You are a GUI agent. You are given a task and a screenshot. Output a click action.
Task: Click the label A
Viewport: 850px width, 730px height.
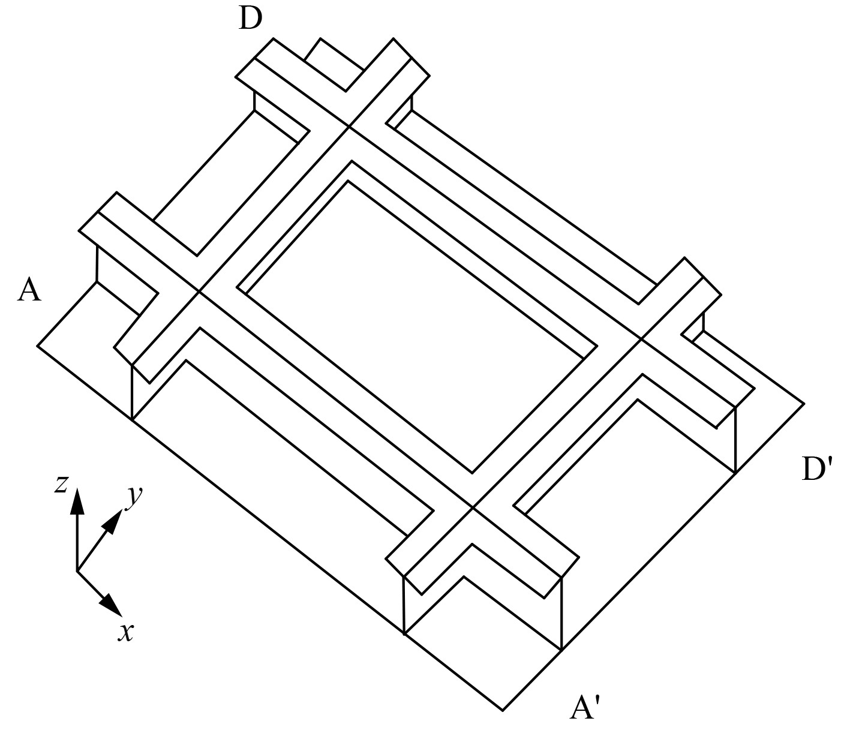coord(29,290)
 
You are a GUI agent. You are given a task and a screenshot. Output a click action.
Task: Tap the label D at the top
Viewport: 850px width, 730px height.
coord(250,19)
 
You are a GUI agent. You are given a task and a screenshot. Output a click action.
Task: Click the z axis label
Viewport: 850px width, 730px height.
coord(60,483)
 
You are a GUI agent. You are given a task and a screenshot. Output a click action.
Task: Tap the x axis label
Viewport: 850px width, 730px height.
coord(125,632)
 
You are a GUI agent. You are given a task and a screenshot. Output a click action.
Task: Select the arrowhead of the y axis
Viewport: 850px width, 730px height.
coord(115,519)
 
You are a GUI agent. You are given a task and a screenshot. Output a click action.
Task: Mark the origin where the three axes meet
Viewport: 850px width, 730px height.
coord(77,570)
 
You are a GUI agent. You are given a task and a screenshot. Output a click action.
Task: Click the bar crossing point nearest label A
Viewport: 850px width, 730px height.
coord(199,292)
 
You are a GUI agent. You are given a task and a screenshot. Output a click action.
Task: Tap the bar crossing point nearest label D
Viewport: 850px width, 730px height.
coord(349,127)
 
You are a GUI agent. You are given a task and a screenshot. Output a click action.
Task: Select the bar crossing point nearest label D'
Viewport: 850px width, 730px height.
coord(641,339)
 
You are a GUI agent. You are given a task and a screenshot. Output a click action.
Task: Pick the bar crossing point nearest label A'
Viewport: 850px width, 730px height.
coord(473,507)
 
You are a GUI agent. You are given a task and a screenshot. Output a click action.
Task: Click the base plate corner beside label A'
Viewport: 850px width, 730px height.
coord(503,711)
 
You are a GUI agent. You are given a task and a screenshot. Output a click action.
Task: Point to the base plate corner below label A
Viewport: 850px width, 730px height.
coord(38,346)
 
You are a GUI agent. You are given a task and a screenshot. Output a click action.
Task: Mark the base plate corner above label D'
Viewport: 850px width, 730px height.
coord(804,404)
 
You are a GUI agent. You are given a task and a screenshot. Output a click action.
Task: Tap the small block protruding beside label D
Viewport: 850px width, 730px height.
coord(334,64)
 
